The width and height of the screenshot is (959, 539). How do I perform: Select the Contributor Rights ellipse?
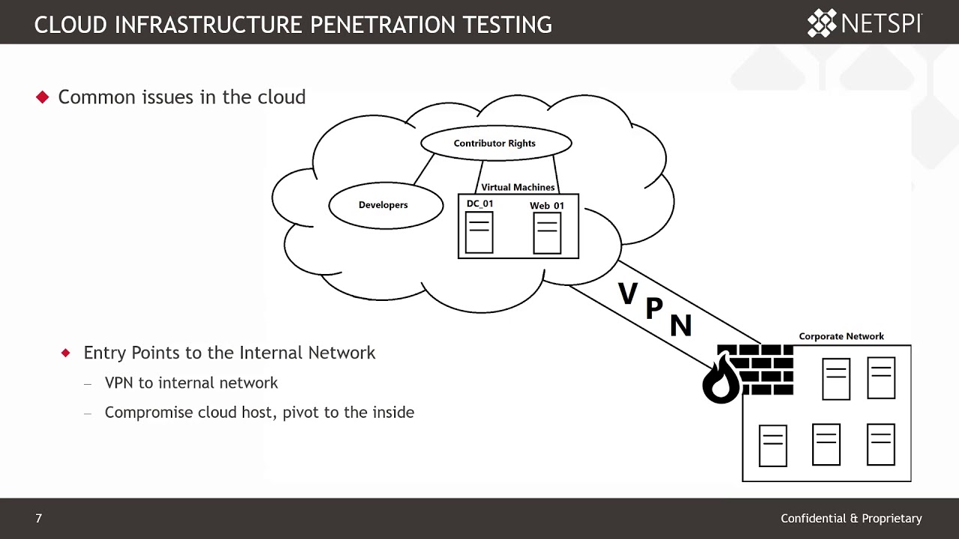(495, 143)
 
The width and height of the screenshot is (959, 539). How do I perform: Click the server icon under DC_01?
(479, 233)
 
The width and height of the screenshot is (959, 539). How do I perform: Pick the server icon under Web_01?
(547, 233)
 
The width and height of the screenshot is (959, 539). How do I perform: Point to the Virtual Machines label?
(518, 187)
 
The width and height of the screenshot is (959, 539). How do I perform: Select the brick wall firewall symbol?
(760, 370)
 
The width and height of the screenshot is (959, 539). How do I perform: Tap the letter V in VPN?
(628, 293)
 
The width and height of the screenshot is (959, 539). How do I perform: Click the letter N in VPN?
(680, 325)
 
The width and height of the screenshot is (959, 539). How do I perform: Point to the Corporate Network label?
(841, 336)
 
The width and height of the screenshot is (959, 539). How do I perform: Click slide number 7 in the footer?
(39, 518)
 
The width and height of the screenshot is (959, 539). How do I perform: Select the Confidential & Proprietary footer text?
(851, 518)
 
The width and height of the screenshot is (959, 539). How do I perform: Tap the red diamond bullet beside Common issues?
(43, 97)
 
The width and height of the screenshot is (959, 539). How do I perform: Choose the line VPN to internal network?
(191, 383)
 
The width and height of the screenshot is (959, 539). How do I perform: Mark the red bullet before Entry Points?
(66, 353)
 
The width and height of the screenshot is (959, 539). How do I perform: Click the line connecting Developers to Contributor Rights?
(424, 168)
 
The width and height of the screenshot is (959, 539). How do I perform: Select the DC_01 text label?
(479, 204)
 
